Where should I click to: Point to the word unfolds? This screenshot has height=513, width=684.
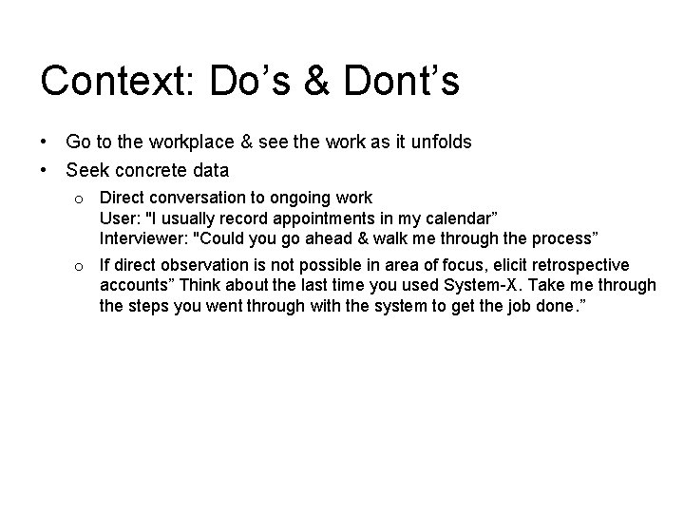[x=438, y=142]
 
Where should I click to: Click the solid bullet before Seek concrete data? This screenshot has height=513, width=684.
[x=45, y=171]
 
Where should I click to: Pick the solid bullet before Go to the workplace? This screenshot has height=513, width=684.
[x=45, y=142]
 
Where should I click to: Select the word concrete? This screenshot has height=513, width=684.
[x=148, y=171]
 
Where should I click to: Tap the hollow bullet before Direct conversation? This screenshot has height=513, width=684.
[x=83, y=199]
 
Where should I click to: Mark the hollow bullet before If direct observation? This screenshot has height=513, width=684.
[x=83, y=266]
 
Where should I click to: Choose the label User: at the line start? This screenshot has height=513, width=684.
[x=120, y=218]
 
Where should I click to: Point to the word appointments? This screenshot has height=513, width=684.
[x=314, y=218]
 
